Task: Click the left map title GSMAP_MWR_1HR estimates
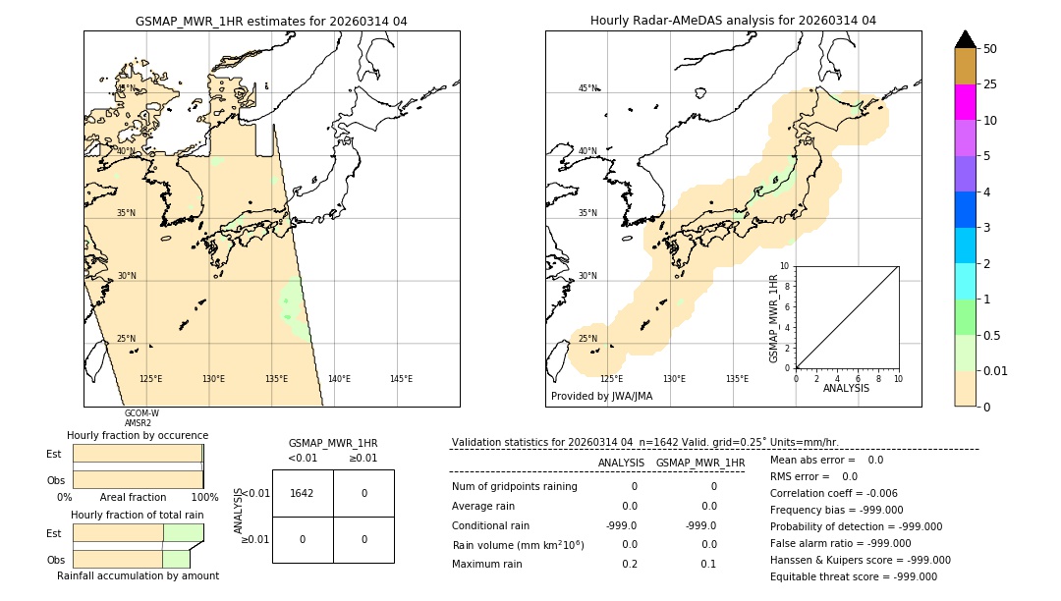click(x=271, y=21)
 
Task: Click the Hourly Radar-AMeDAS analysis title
click(x=733, y=21)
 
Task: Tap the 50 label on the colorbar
click(x=990, y=49)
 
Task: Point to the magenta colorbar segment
click(x=965, y=102)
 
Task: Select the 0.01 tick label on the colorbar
click(x=997, y=370)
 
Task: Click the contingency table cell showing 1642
click(x=302, y=493)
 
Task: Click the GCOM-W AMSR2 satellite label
click(x=141, y=418)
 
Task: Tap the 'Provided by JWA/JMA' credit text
click(x=601, y=396)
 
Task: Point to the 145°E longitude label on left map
click(x=401, y=379)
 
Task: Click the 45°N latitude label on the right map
click(x=587, y=88)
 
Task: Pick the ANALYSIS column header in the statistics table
click(x=621, y=463)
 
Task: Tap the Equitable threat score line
click(x=853, y=576)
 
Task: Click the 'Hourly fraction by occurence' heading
click(x=138, y=435)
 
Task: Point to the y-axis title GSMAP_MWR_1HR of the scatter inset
click(x=773, y=318)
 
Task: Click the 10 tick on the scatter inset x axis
click(x=898, y=378)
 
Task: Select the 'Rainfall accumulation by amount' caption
click(x=138, y=575)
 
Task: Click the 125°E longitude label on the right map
click(x=611, y=379)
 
